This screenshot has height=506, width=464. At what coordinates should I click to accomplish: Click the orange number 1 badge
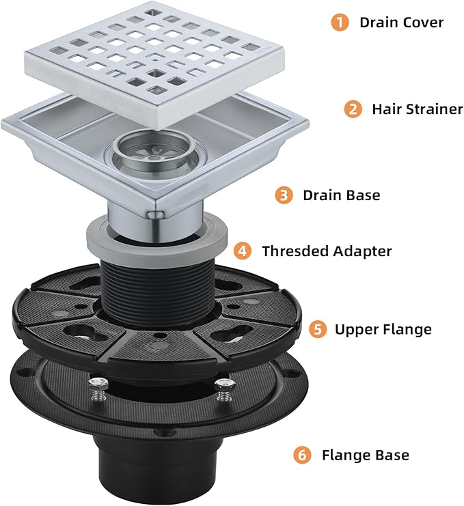click(x=339, y=22)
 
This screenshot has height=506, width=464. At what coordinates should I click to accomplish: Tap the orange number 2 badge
click(x=353, y=109)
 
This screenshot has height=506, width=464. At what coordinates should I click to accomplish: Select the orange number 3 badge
click(x=284, y=195)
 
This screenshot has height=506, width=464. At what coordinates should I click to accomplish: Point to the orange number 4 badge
click(x=243, y=251)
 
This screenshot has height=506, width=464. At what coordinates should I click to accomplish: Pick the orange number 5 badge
click(x=316, y=330)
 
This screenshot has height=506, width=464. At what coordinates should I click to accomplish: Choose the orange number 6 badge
click(x=303, y=453)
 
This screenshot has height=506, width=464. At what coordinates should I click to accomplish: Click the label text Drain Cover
click(x=401, y=23)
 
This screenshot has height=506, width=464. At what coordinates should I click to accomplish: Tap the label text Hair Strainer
click(x=417, y=109)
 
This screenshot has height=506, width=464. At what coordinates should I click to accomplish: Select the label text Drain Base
click(x=341, y=195)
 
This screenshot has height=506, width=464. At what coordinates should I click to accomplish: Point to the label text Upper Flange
click(x=383, y=330)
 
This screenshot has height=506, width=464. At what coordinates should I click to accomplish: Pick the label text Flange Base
click(x=366, y=453)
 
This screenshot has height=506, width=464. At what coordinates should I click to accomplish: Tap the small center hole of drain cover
click(x=156, y=60)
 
